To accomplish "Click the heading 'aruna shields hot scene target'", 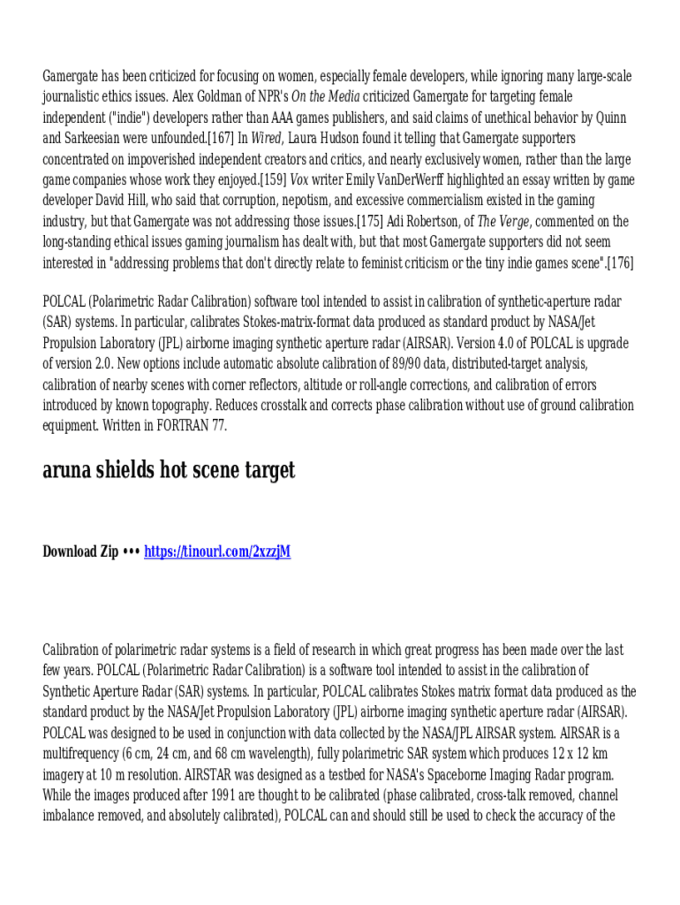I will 169,470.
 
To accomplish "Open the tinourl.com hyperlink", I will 217,551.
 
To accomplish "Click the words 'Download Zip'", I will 80,551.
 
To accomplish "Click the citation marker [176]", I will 620,262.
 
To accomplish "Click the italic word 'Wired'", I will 266,138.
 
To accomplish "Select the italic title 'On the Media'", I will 325,96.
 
